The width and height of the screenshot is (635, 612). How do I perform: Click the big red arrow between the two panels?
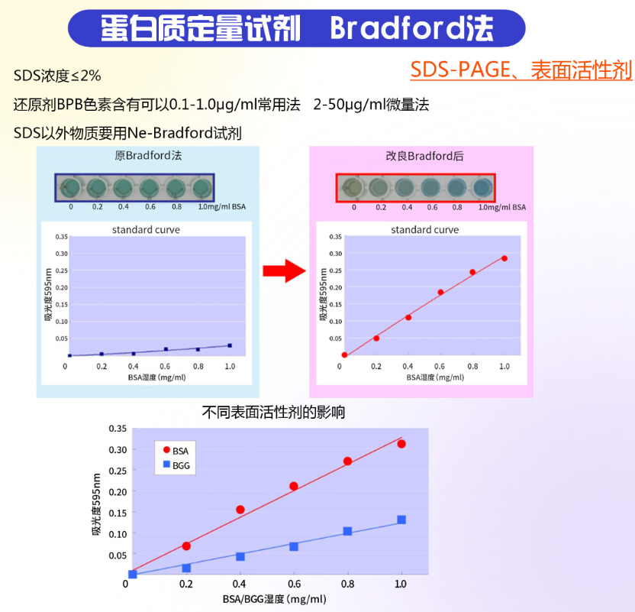click(284, 270)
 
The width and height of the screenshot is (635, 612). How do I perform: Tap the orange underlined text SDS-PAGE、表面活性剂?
click(521, 70)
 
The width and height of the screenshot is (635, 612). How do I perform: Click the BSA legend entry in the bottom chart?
click(176, 451)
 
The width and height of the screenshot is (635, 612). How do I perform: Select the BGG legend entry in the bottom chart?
click(176, 465)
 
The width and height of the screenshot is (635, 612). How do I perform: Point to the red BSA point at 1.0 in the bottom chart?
click(401, 444)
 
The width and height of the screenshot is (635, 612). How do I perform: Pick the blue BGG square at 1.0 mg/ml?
click(401, 520)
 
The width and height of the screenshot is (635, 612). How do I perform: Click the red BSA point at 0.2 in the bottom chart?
click(186, 546)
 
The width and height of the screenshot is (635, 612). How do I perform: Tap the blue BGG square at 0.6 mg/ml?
click(294, 546)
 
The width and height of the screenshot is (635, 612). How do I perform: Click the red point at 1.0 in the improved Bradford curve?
click(504, 258)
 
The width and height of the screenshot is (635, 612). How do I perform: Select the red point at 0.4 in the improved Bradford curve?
click(408, 317)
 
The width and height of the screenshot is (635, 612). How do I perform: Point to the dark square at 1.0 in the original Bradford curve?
click(230, 345)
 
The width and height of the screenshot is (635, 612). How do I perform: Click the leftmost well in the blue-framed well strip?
click(71, 188)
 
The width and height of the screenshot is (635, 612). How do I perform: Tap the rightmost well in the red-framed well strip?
click(482, 188)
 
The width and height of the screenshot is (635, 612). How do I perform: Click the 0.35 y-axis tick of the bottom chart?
click(118, 429)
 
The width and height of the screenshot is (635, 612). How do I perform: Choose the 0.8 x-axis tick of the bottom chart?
click(347, 584)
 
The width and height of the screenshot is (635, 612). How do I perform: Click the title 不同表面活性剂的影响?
click(273, 412)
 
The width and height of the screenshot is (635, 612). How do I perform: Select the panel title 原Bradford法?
click(148, 155)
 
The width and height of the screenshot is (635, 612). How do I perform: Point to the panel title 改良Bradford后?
click(424, 156)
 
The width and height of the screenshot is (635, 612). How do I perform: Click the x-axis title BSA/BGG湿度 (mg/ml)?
click(274, 599)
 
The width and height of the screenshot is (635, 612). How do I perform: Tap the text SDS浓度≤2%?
click(57, 76)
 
